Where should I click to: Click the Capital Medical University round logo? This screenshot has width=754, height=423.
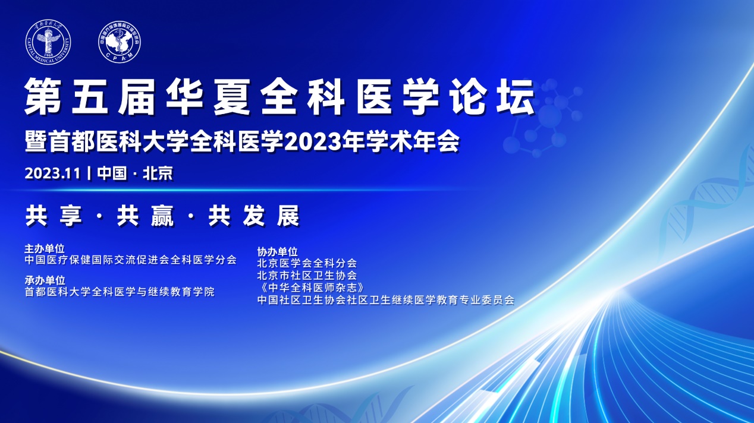point(48,42)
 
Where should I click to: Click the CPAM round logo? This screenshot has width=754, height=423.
point(120,42)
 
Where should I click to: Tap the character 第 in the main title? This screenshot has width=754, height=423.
point(43,97)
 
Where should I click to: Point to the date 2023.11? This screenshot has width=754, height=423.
point(52,174)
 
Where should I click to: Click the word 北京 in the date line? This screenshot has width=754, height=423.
point(158,173)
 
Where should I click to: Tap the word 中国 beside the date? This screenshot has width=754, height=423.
point(112,173)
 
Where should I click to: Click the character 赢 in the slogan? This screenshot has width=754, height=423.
point(162,216)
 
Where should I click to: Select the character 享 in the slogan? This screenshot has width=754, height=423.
point(71,216)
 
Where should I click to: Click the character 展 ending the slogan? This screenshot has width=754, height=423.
point(288,216)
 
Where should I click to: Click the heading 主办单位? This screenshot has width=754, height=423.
point(45,249)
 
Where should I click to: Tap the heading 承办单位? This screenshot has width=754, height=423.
point(45,280)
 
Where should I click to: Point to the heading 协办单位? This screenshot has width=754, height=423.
point(277,251)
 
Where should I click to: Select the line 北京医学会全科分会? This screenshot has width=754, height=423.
point(307,263)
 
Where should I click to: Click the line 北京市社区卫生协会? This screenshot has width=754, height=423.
point(307,276)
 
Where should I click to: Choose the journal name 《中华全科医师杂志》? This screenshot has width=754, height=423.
point(310,288)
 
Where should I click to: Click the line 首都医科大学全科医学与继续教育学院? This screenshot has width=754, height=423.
point(120,292)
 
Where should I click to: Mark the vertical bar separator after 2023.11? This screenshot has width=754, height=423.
point(89,173)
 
